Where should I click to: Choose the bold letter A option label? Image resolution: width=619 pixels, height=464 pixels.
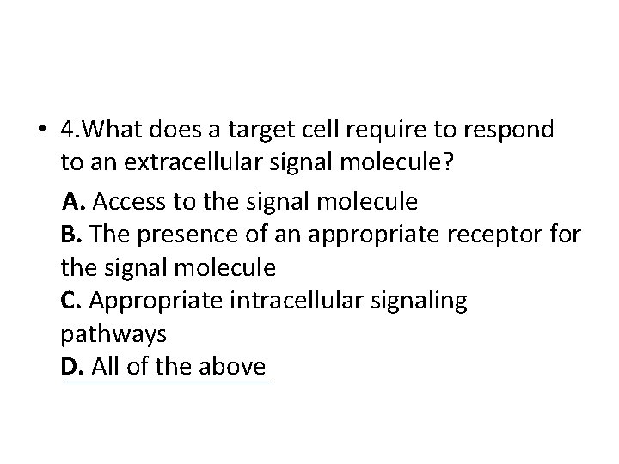click(74, 202)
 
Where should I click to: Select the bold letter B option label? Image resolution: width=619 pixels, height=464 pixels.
click(70, 235)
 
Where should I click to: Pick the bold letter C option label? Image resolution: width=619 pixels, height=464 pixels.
click(70, 301)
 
